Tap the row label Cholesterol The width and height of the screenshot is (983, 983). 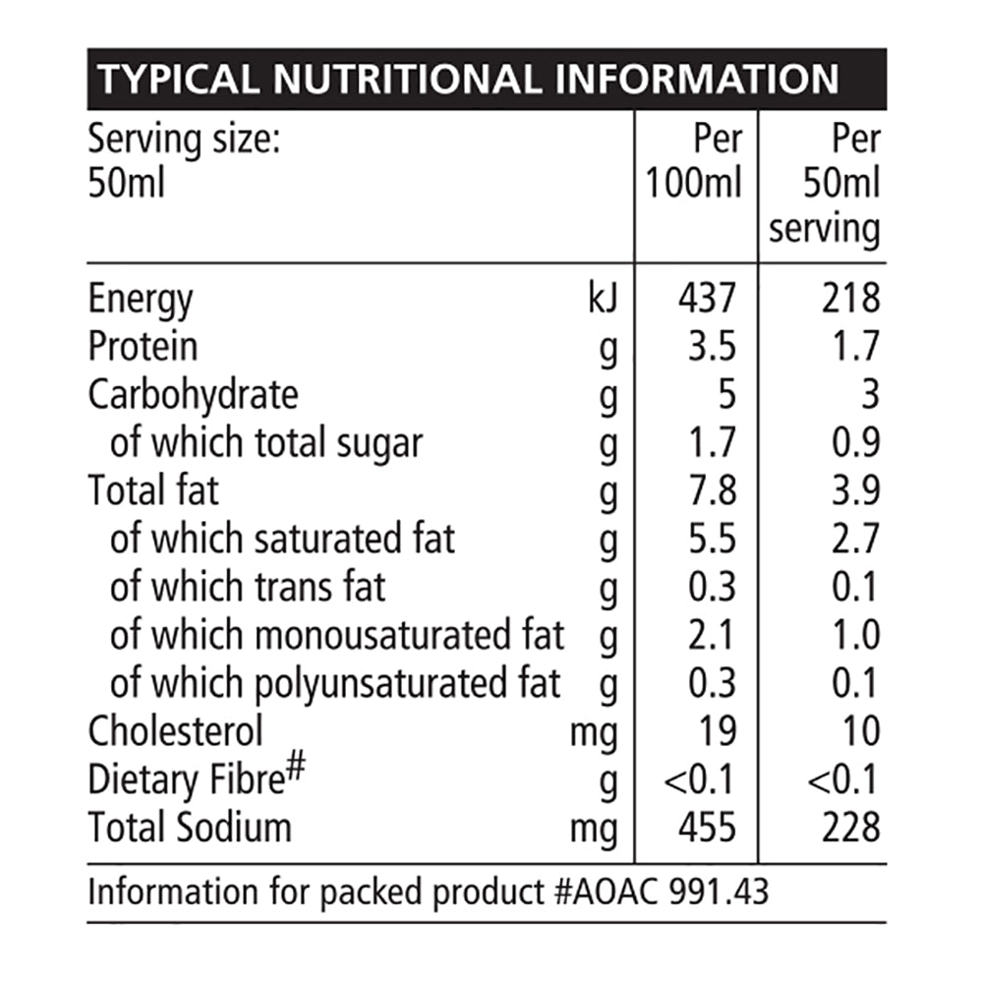(x=176, y=731)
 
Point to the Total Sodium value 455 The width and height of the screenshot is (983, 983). (x=706, y=828)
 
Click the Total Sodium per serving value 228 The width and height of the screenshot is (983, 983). (x=851, y=828)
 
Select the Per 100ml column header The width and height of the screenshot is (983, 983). (x=695, y=161)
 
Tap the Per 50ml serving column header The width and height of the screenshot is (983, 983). (x=826, y=185)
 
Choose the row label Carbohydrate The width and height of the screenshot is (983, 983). (x=193, y=395)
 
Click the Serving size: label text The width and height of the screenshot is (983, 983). (x=185, y=140)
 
